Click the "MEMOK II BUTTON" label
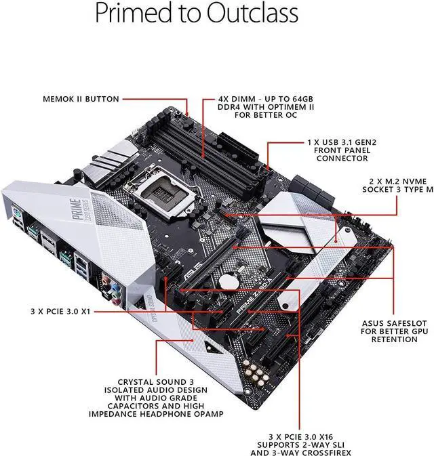81,99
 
